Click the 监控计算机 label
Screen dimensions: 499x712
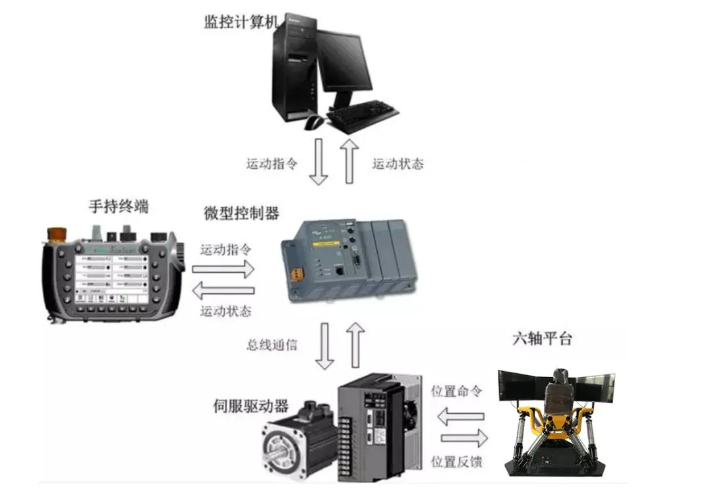pyautogui.click(x=241, y=21)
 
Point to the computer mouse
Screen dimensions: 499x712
pyautogui.click(x=314, y=121)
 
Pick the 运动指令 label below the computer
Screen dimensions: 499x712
pyautogui.click(x=272, y=163)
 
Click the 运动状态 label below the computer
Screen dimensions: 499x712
pyautogui.click(x=398, y=163)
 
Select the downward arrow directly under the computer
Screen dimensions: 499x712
pyautogui.click(x=319, y=161)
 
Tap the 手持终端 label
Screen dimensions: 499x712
pyautogui.click(x=119, y=206)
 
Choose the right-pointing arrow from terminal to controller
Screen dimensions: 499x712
pyautogui.click(x=223, y=268)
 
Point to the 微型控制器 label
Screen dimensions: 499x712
pyautogui.click(x=241, y=213)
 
